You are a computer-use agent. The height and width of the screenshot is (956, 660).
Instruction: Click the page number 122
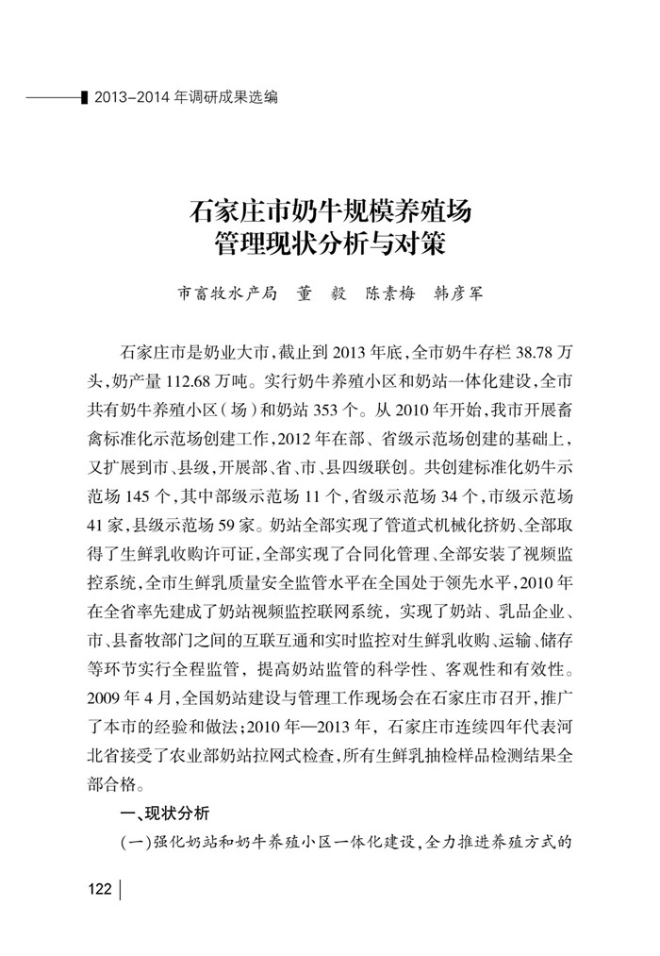[x=99, y=889]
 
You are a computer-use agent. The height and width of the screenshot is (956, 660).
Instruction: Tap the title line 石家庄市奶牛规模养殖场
[x=330, y=209]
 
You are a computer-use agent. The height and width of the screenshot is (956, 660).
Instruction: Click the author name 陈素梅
[x=390, y=294]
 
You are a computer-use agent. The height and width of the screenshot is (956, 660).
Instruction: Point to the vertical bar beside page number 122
[x=122, y=889]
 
